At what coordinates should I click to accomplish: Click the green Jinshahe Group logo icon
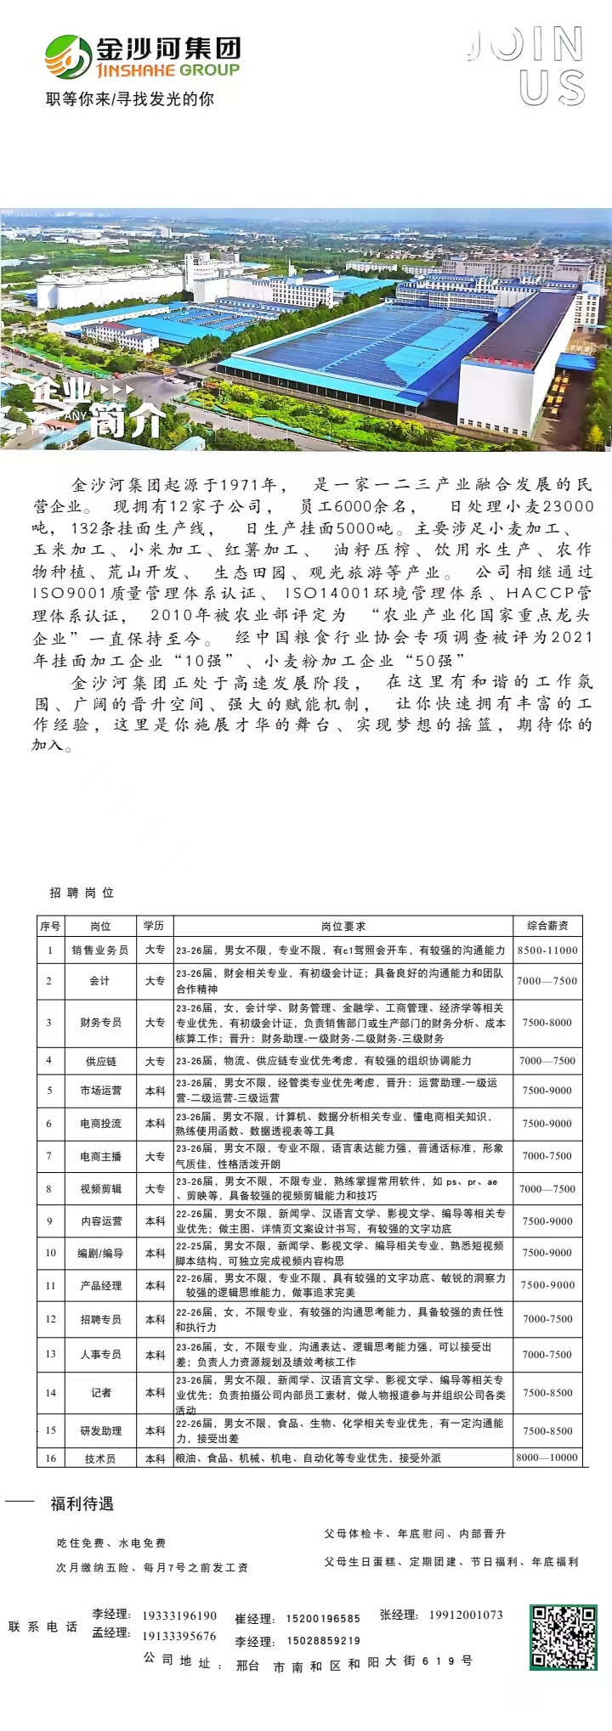(67, 57)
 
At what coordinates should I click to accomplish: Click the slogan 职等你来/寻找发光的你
(130, 99)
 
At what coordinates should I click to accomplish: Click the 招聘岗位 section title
(82, 893)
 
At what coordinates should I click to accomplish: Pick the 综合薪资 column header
(547, 926)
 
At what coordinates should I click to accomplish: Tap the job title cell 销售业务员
(100, 950)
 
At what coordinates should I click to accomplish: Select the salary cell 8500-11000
(547, 950)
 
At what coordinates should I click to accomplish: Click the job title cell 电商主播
(100, 1156)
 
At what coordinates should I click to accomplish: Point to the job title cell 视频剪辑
(100, 1189)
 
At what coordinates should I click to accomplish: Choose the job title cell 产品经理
(100, 1286)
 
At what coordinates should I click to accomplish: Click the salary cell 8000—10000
(547, 1458)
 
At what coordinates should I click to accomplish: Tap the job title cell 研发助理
(100, 1431)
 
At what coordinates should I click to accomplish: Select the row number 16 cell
(50, 1458)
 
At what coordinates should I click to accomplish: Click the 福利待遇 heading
(82, 1504)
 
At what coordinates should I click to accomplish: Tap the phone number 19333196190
(179, 1615)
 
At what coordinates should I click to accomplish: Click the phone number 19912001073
(466, 1615)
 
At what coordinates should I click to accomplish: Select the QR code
(564, 1637)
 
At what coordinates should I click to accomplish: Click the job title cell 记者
(100, 1393)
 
